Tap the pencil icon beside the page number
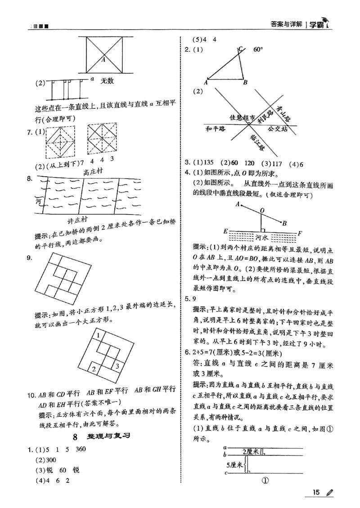pos(329,493)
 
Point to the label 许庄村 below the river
pos(74,224)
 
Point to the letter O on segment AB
pos(262,210)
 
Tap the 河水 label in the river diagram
pos(262,235)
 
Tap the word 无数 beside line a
pos(107,81)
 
